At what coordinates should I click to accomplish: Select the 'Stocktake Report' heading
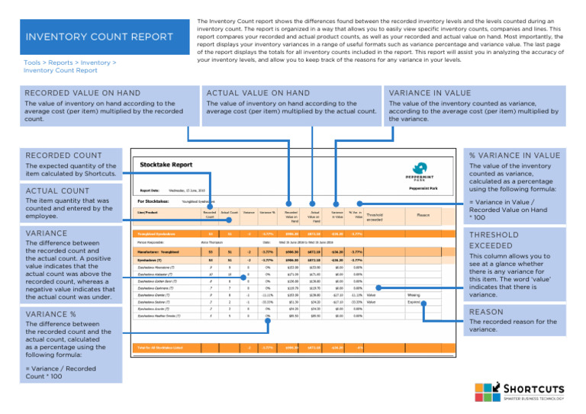tap(166, 164)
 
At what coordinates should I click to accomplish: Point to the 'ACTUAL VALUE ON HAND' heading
tap(259, 92)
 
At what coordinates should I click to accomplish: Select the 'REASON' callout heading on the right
tap(485, 312)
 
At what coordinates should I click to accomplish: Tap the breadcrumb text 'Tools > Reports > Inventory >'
tap(69, 63)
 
